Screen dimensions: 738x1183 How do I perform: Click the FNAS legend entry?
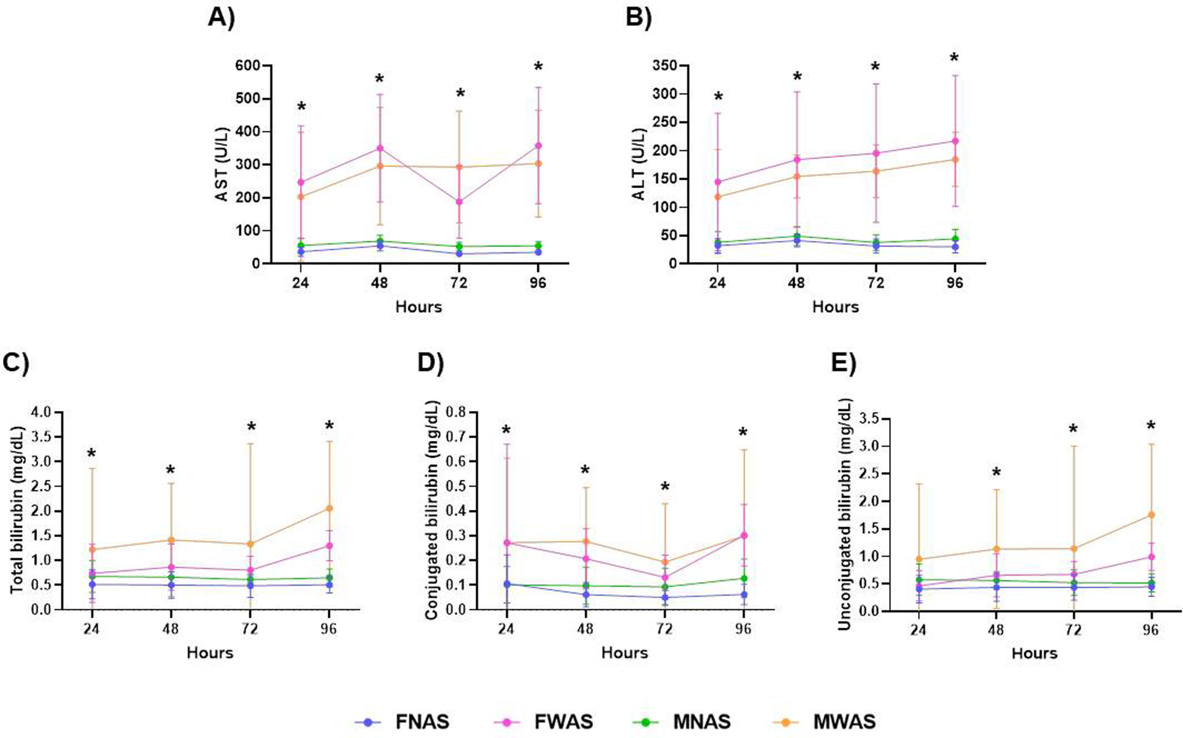coord(422,722)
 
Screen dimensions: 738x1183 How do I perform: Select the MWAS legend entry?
coord(844,722)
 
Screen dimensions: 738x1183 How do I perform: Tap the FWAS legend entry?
coord(564,722)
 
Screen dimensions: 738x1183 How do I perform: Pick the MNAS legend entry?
coord(701,722)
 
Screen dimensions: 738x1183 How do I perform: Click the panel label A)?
coord(221,18)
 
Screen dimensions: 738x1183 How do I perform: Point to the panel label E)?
coord(843,364)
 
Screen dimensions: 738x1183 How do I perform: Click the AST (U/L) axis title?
coord(222,164)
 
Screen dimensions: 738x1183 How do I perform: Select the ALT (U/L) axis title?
coord(639,164)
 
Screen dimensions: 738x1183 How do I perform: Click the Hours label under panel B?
coord(835,307)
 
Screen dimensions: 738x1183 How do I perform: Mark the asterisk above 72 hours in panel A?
coord(460,94)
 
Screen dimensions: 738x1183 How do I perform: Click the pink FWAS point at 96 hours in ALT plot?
coord(955,141)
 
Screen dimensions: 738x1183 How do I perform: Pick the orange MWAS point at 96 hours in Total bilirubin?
coord(329,509)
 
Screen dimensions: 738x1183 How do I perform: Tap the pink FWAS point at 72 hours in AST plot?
coord(459,202)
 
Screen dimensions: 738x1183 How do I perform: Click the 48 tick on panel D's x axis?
coord(585,629)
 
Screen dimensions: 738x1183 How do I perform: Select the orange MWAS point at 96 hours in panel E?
coord(1151,515)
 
